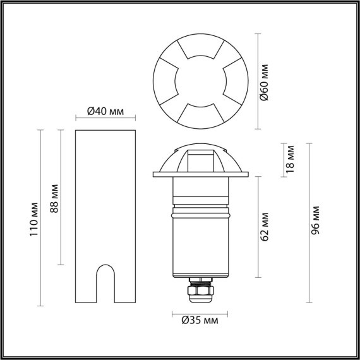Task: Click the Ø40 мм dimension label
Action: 105,111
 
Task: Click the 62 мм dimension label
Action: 266,227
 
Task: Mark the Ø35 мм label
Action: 200,321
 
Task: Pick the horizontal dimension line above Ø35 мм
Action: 200,313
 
